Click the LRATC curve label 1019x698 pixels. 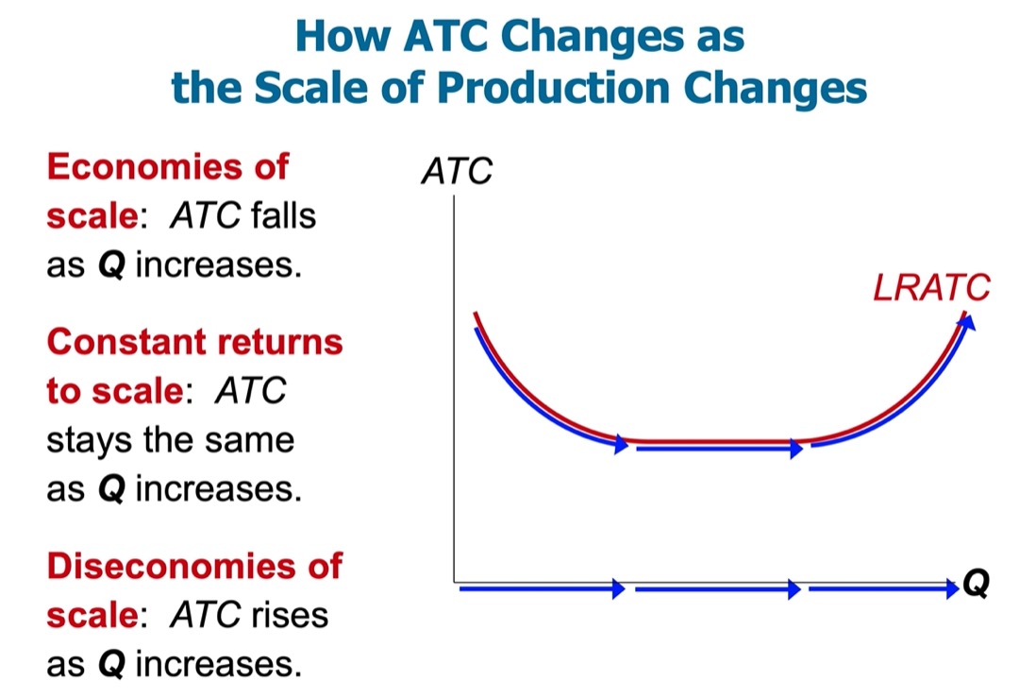(931, 287)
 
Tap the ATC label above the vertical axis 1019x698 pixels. (457, 171)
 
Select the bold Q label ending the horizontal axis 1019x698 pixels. (977, 583)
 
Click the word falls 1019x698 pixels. (283, 215)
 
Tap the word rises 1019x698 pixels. (290, 615)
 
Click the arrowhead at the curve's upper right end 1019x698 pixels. (967, 321)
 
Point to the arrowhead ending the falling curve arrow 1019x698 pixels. (621, 444)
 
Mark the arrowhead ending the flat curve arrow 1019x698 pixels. (796, 449)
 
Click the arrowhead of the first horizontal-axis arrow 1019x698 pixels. (619, 588)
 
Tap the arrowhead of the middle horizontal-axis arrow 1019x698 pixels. (794, 589)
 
